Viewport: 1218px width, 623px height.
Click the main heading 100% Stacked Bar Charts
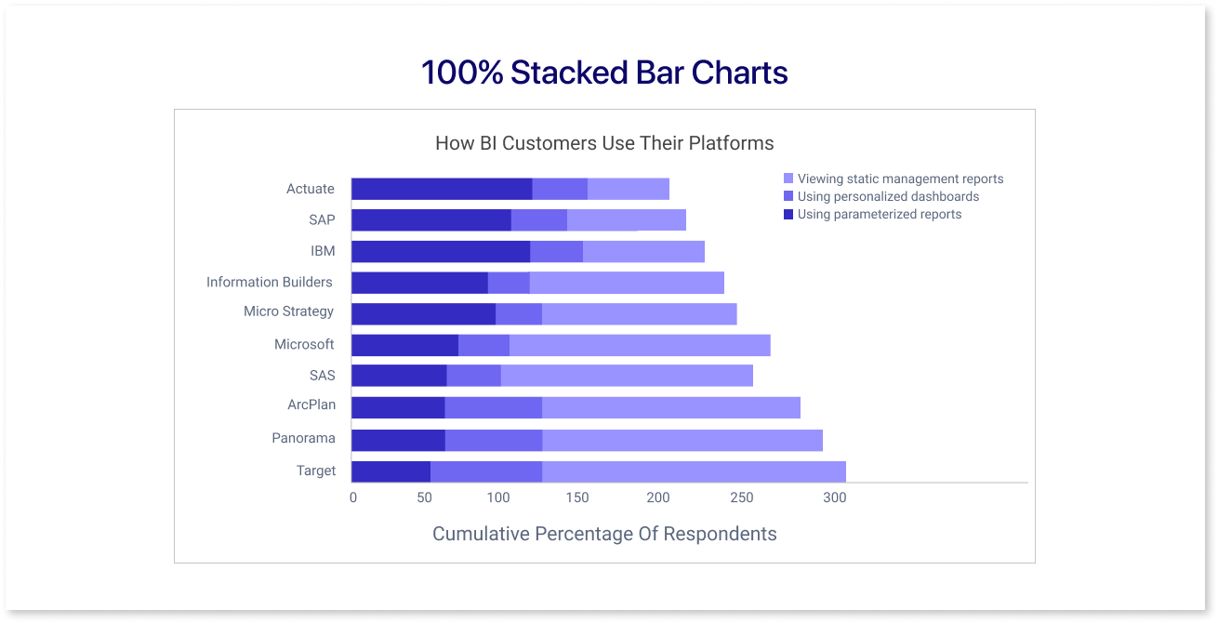tap(604, 73)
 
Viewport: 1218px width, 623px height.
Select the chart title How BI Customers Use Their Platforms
tap(604, 143)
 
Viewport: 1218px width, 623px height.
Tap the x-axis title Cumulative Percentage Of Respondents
tap(604, 534)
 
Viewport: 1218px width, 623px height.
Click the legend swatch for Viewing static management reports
tap(788, 179)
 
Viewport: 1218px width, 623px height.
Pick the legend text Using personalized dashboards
tap(888, 196)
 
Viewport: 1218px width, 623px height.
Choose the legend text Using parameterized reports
tap(880, 214)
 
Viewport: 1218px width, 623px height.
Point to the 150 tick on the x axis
tap(577, 498)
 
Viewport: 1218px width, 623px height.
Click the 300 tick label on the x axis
tap(834, 498)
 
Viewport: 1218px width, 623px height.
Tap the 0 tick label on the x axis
tap(353, 498)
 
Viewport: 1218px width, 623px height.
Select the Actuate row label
tap(311, 189)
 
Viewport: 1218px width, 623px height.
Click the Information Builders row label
tap(270, 282)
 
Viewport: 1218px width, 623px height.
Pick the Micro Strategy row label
tap(288, 311)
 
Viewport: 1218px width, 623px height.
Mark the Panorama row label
tap(303, 438)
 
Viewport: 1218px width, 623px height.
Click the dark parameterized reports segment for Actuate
tap(442, 189)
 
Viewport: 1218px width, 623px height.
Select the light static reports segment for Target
tap(694, 471)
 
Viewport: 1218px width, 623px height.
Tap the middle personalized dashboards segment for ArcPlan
tap(493, 408)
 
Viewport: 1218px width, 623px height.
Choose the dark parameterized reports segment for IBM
tap(441, 251)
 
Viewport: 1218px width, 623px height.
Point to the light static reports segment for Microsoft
tap(640, 345)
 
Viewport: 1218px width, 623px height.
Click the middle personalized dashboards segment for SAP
tap(539, 220)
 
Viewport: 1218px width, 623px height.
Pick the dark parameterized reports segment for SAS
tap(399, 376)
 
